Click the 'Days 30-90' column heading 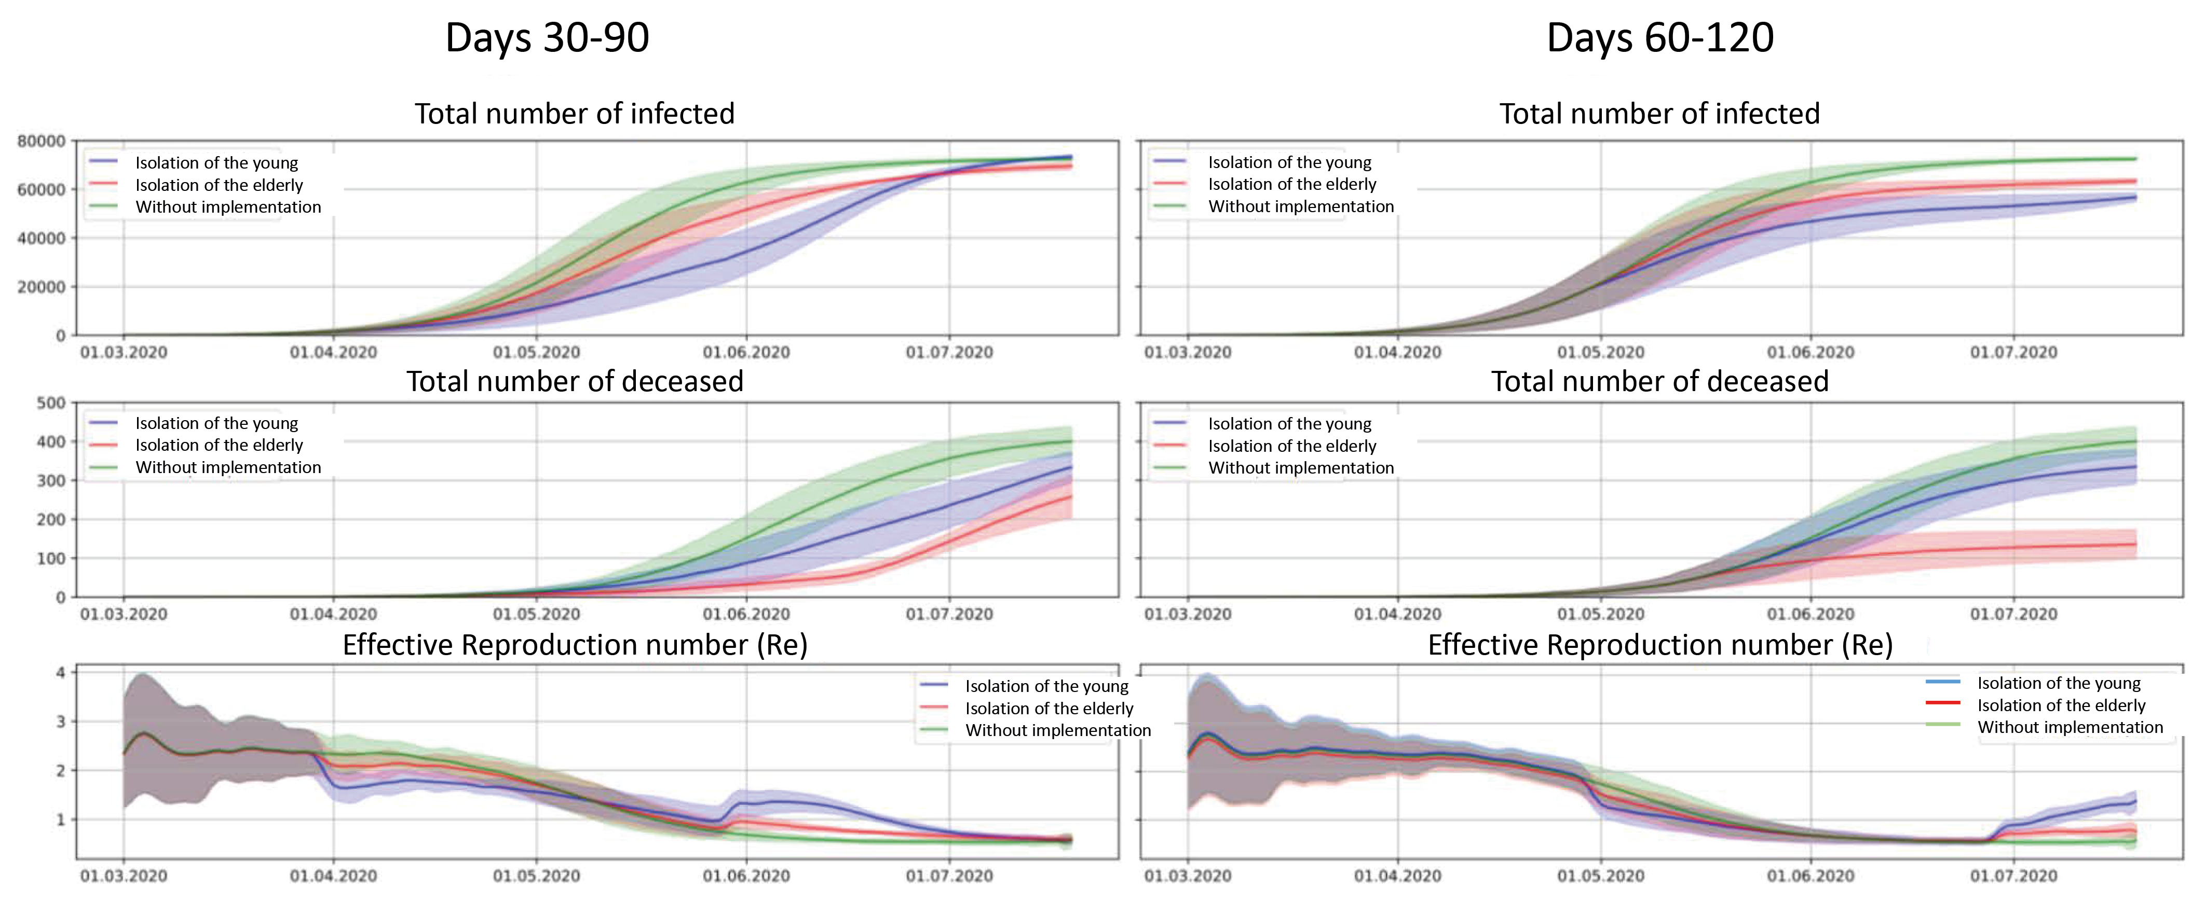[547, 38]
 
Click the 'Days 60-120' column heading [1660, 38]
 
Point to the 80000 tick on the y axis [41, 141]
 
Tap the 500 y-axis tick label [50, 403]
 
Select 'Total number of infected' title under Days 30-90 [575, 114]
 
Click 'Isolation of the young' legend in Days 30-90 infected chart [216, 162]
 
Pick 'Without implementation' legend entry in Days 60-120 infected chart [1300, 206]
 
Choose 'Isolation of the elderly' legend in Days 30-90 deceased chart [219, 445]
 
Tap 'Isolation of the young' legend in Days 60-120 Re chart [2058, 683]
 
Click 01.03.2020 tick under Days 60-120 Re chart [1187, 876]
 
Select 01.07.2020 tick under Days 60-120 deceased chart [2013, 614]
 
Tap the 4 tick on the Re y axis [60, 673]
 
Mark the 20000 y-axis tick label [41, 287]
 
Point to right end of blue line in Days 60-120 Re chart [2135, 801]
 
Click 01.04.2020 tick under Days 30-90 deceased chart [333, 614]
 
